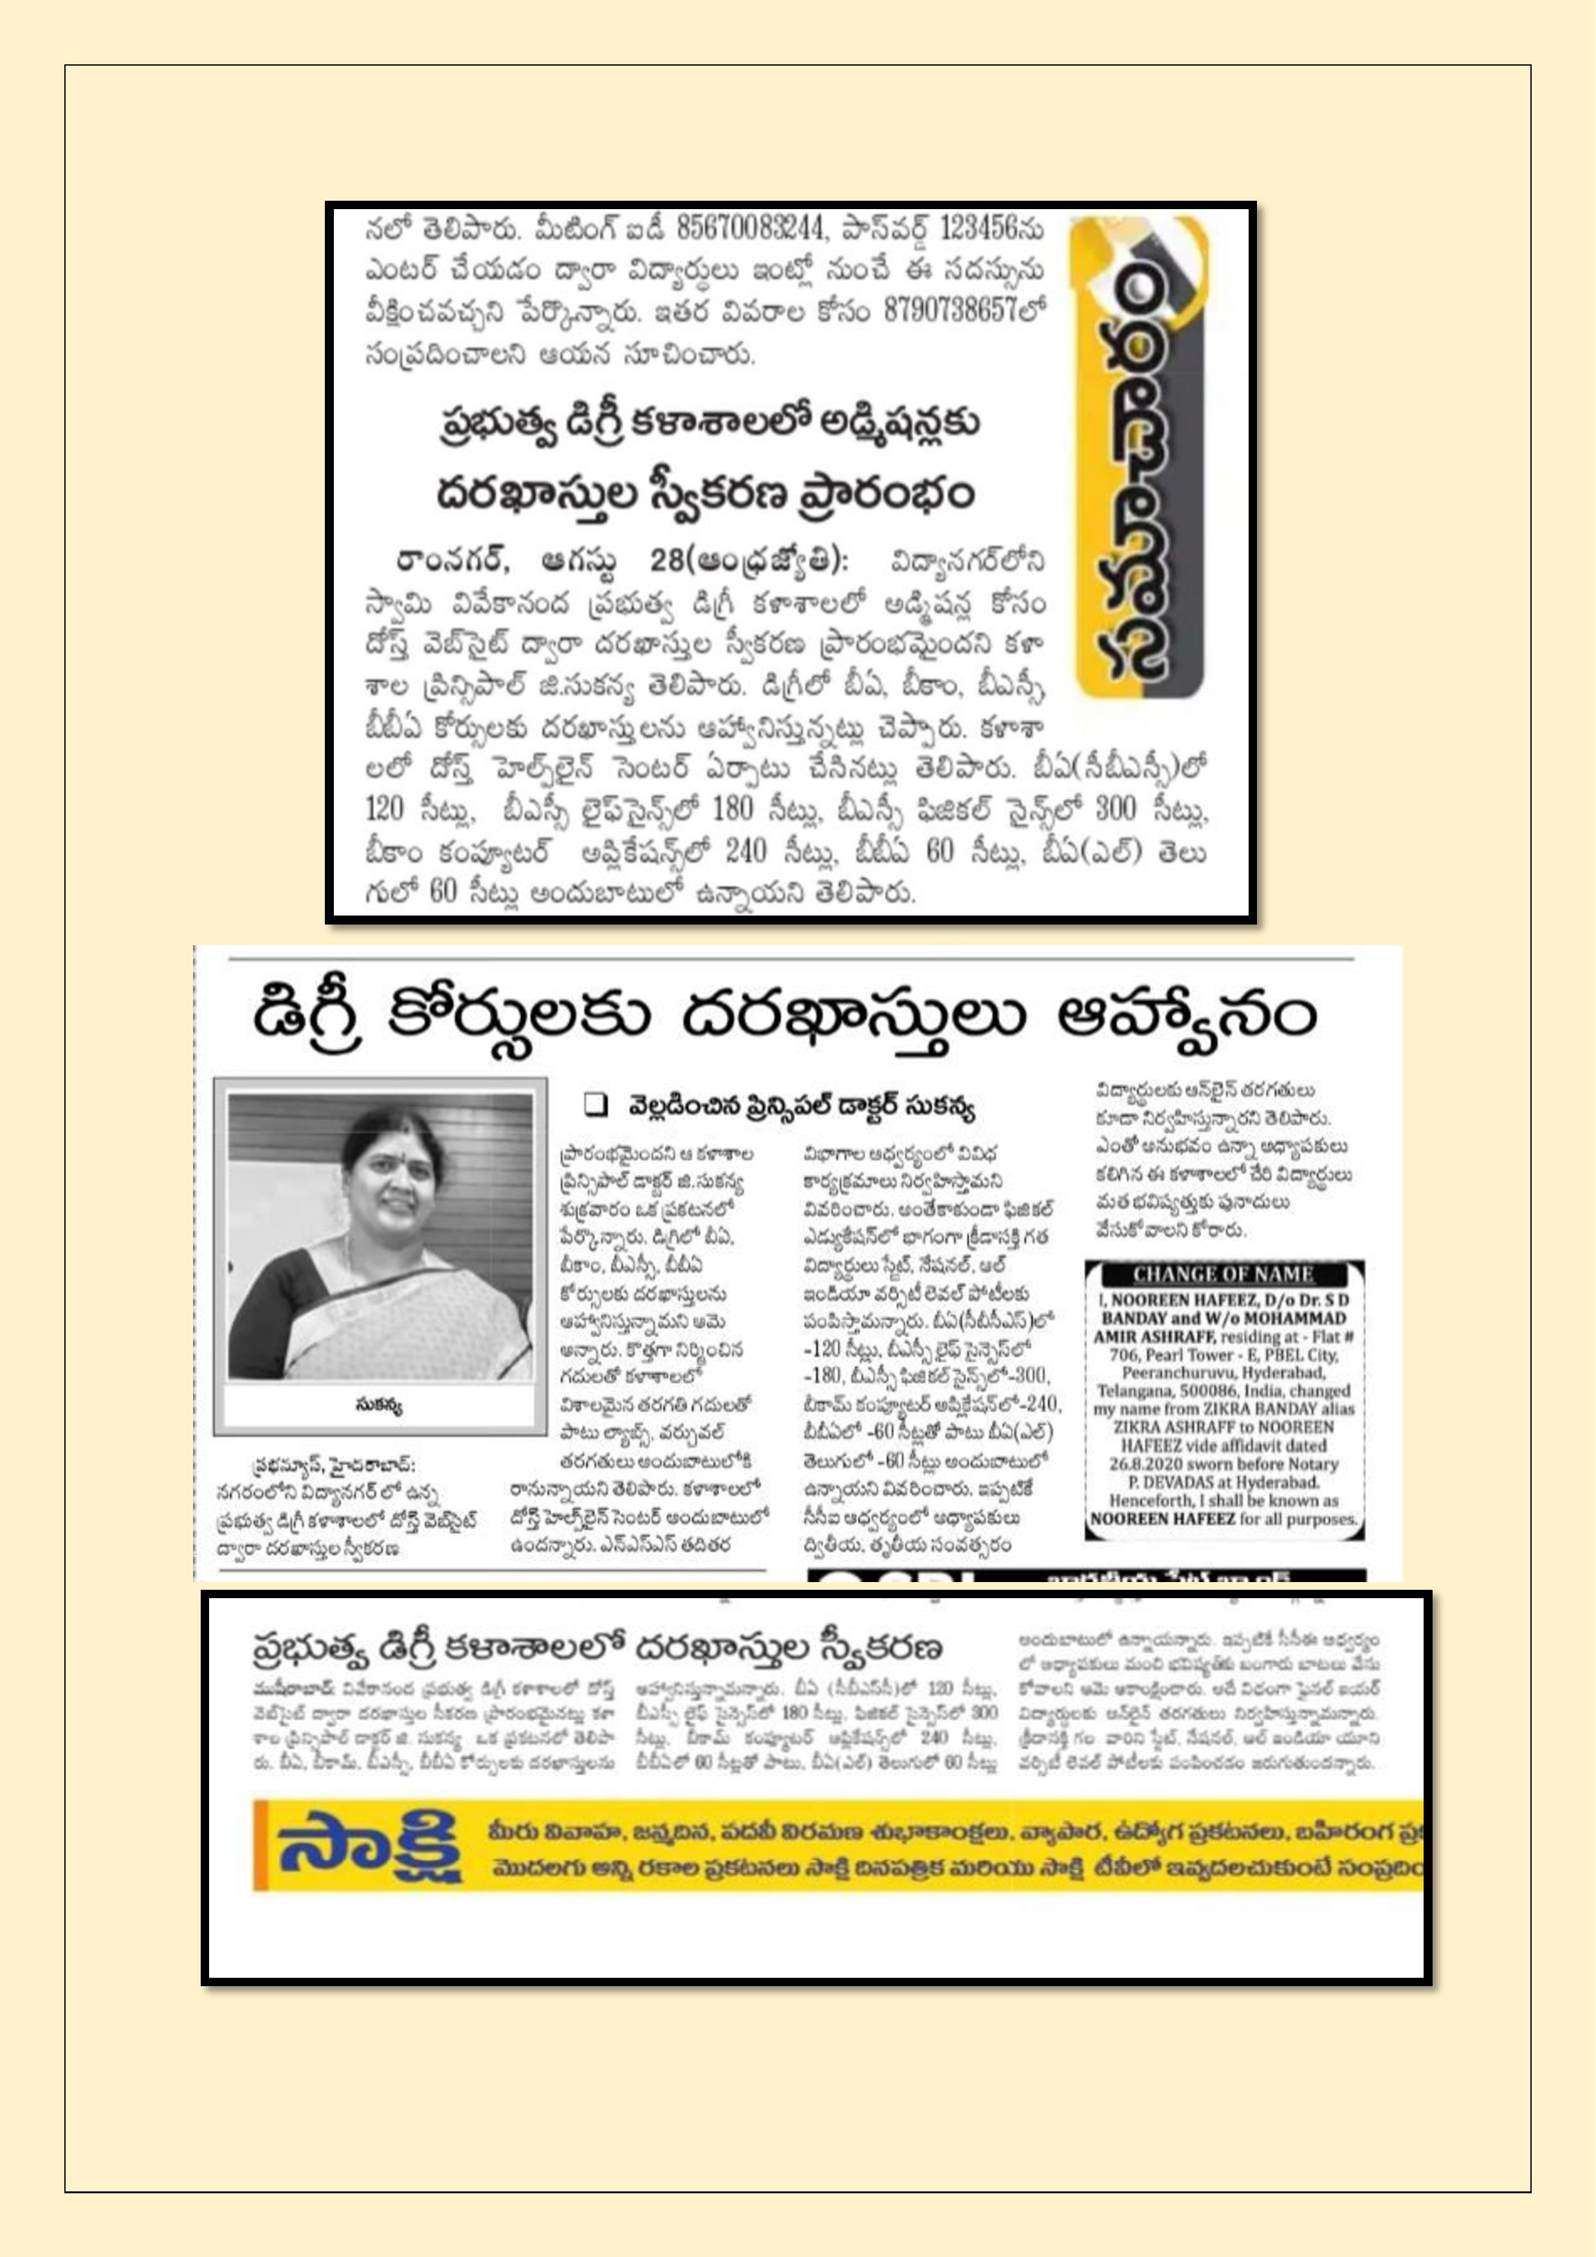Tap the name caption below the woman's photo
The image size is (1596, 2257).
tap(380, 1406)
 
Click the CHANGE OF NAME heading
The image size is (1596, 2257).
tap(1224, 1275)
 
